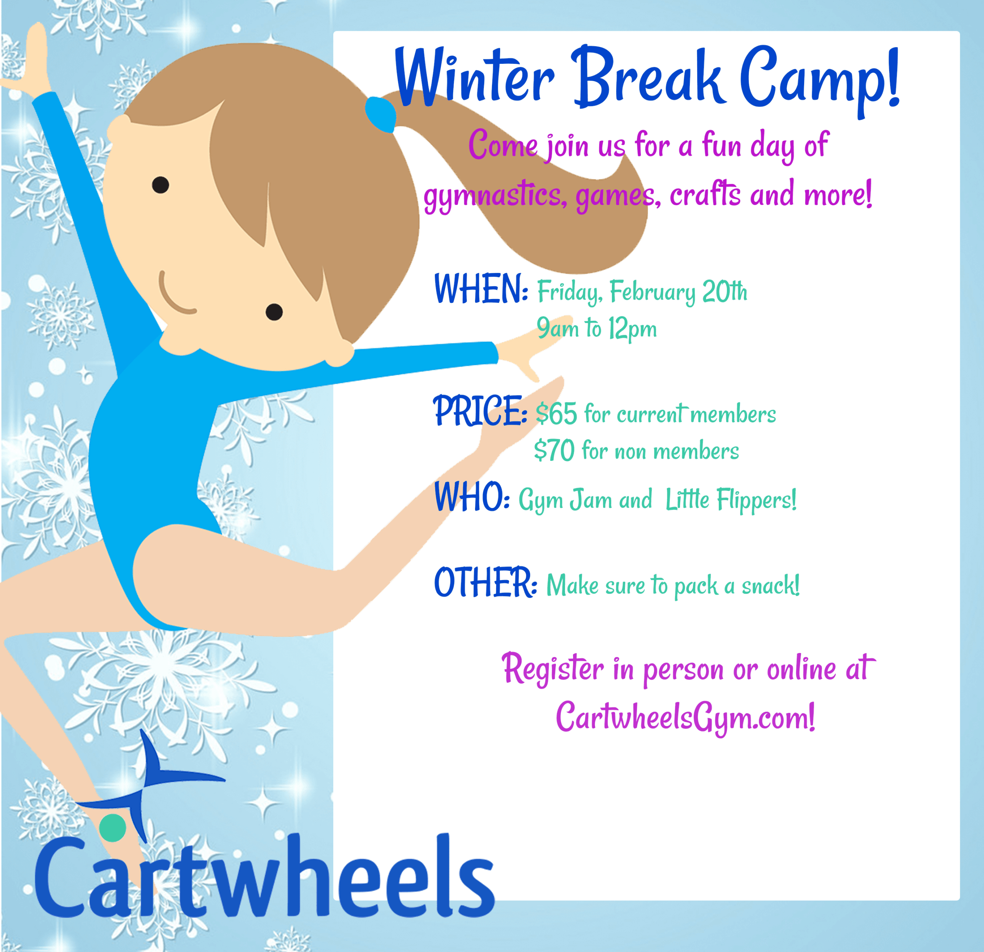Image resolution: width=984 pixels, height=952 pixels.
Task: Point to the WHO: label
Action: click(472, 497)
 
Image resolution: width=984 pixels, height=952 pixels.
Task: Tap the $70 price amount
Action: click(554, 450)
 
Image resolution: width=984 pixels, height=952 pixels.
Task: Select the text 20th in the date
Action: click(725, 291)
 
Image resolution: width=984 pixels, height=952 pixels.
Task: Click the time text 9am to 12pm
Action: click(597, 329)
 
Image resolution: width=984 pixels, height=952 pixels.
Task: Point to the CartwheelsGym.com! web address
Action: click(685, 717)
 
